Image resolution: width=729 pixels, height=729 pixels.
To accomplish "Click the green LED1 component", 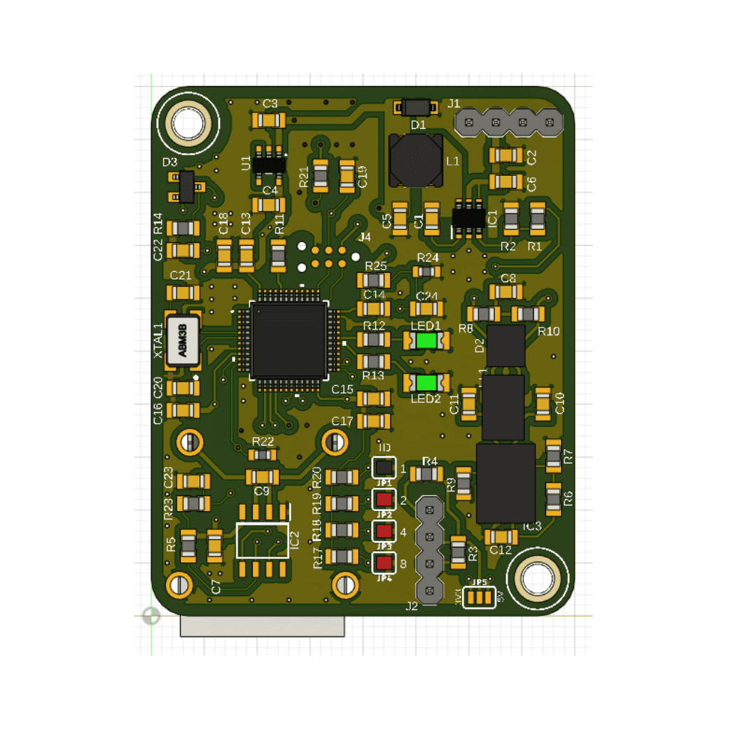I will pos(426,340).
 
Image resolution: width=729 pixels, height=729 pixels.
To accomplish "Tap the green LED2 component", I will pos(426,383).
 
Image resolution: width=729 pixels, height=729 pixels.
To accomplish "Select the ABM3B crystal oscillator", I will pos(182,340).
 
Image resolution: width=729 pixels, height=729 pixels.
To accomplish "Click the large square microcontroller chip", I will pos(288,340).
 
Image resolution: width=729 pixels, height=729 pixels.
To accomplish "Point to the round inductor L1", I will pos(411,159).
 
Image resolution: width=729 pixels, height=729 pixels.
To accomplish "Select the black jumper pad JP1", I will pos(384,467).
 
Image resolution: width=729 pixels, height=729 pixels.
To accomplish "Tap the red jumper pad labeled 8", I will pos(384,563).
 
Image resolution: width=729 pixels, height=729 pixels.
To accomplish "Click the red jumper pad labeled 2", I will pos(384,498).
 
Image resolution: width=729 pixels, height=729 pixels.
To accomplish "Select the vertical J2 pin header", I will pos(429,550).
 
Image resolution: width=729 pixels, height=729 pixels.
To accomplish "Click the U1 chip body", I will pos(269,164).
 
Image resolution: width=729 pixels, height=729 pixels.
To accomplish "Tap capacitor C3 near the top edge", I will pos(270,120).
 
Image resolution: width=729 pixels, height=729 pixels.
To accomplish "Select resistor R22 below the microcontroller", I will pos(263,454).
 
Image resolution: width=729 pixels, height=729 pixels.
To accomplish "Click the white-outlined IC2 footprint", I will pos(263,541).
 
